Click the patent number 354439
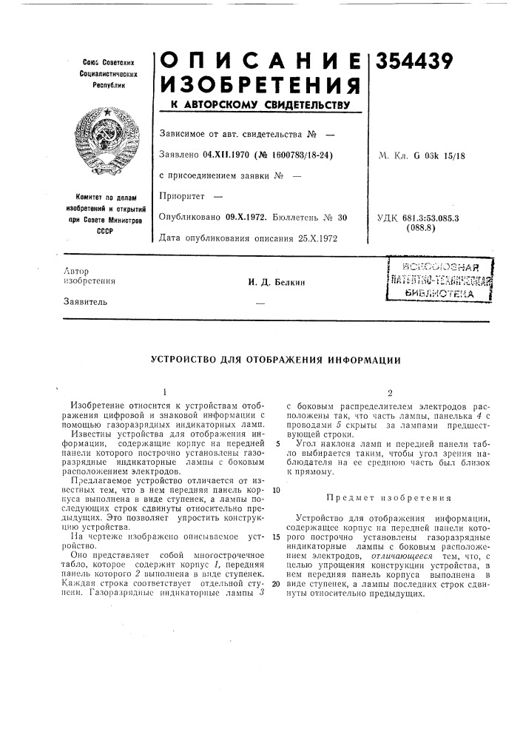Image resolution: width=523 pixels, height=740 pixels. [x=418, y=64]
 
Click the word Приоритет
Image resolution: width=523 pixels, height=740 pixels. [x=180, y=197]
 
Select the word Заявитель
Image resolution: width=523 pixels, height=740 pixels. [x=81, y=302]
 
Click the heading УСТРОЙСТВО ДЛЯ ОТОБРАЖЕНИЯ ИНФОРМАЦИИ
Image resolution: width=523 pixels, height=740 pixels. [x=276, y=360]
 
